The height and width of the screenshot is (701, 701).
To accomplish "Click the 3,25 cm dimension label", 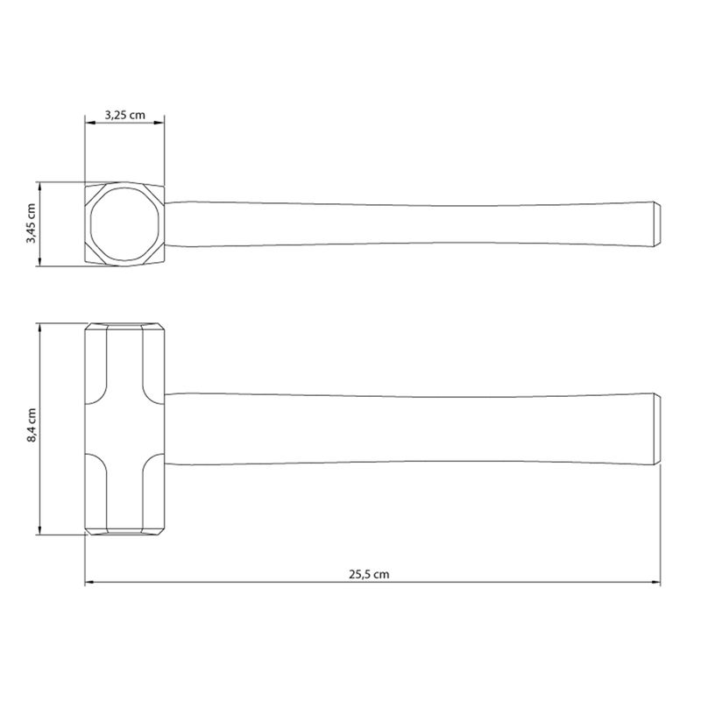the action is pyautogui.click(x=125, y=115).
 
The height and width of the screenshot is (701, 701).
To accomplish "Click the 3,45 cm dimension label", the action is pyautogui.click(x=31, y=223).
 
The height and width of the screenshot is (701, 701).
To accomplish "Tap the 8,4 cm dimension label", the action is pyautogui.click(x=32, y=425).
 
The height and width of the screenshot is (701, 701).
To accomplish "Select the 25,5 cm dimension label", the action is pyautogui.click(x=369, y=575).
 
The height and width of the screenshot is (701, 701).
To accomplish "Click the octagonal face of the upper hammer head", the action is pyautogui.click(x=124, y=224).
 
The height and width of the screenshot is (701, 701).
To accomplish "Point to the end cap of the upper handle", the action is pyautogui.click(x=657, y=223).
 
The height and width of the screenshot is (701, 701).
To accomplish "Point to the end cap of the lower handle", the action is pyautogui.click(x=657, y=429).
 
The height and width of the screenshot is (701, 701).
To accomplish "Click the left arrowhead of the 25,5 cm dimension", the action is pyautogui.click(x=89, y=582).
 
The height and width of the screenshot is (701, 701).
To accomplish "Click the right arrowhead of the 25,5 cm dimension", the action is pyautogui.click(x=655, y=582).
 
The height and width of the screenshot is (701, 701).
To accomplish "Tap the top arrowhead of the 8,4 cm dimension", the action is pyautogui.click(x=40, y=328).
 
